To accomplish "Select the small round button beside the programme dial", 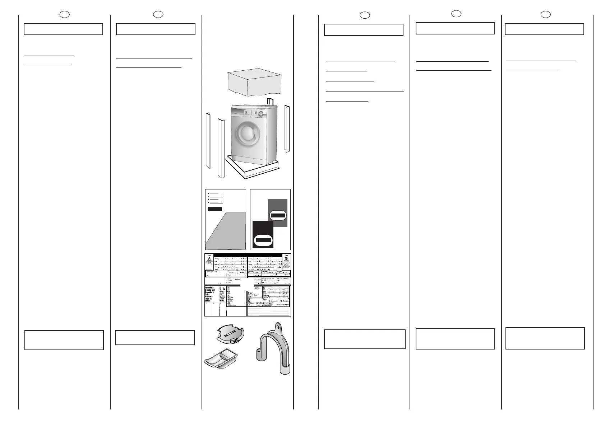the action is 255,112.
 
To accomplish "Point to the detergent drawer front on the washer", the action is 238,114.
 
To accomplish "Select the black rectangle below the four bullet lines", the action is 215,209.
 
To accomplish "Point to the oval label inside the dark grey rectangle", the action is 278,215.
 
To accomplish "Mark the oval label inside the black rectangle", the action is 263,240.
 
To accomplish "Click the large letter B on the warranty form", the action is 286,259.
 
